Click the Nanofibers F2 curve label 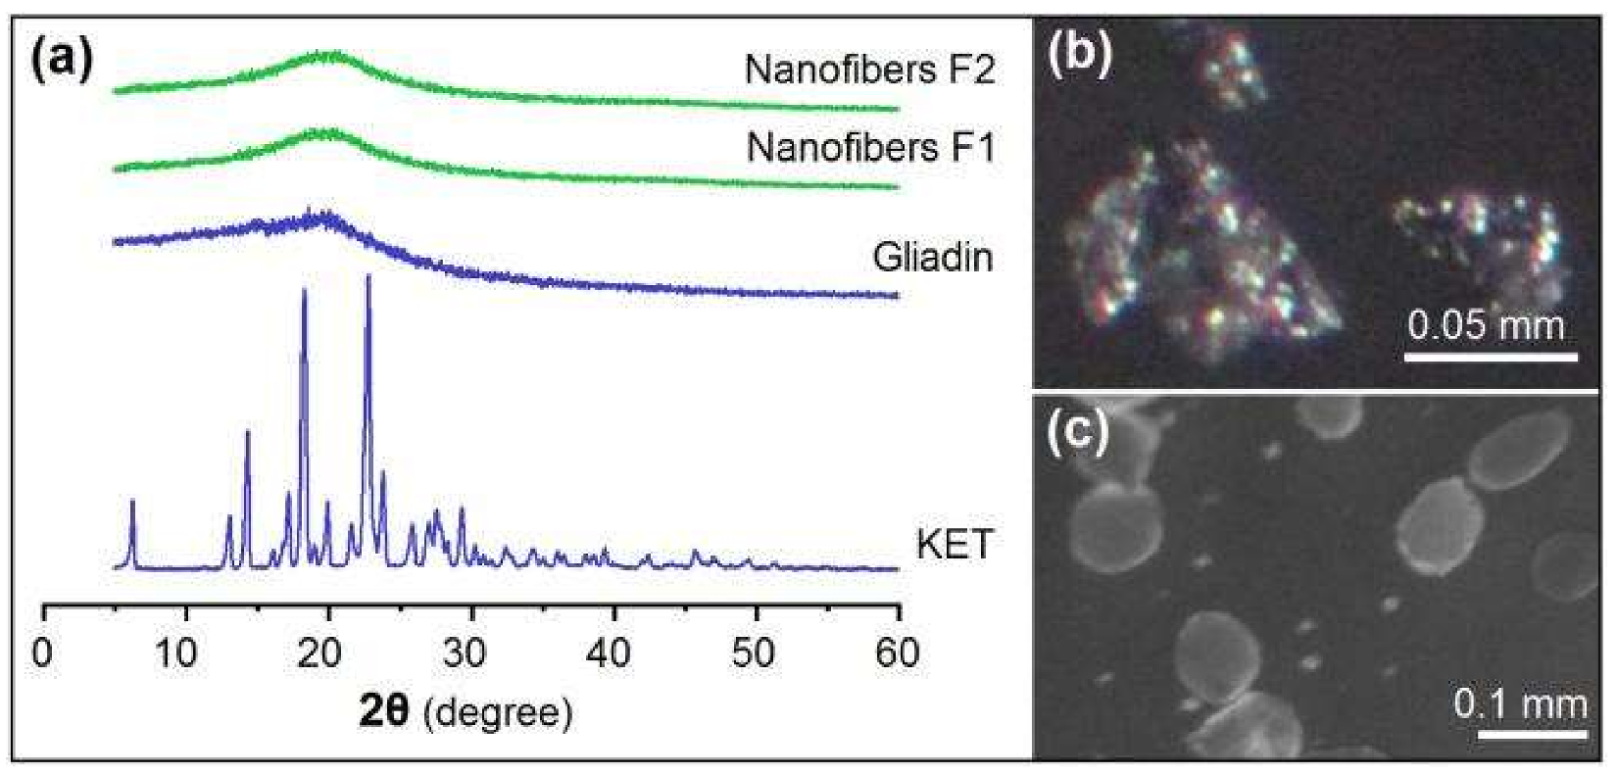coord(869,71)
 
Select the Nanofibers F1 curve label coord(870,148)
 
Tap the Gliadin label coord(932,258)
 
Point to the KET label coord(954,544)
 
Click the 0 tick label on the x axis coord(42,653)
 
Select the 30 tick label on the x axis coord(464,653)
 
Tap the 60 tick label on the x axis coord(896,653)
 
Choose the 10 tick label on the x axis coord(176,653)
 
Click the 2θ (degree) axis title coord(465,711)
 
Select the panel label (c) coord(1078,431)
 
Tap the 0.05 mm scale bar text coord(1486,324)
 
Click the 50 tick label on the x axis coord(753,653)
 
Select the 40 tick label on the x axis coord(608,653)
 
